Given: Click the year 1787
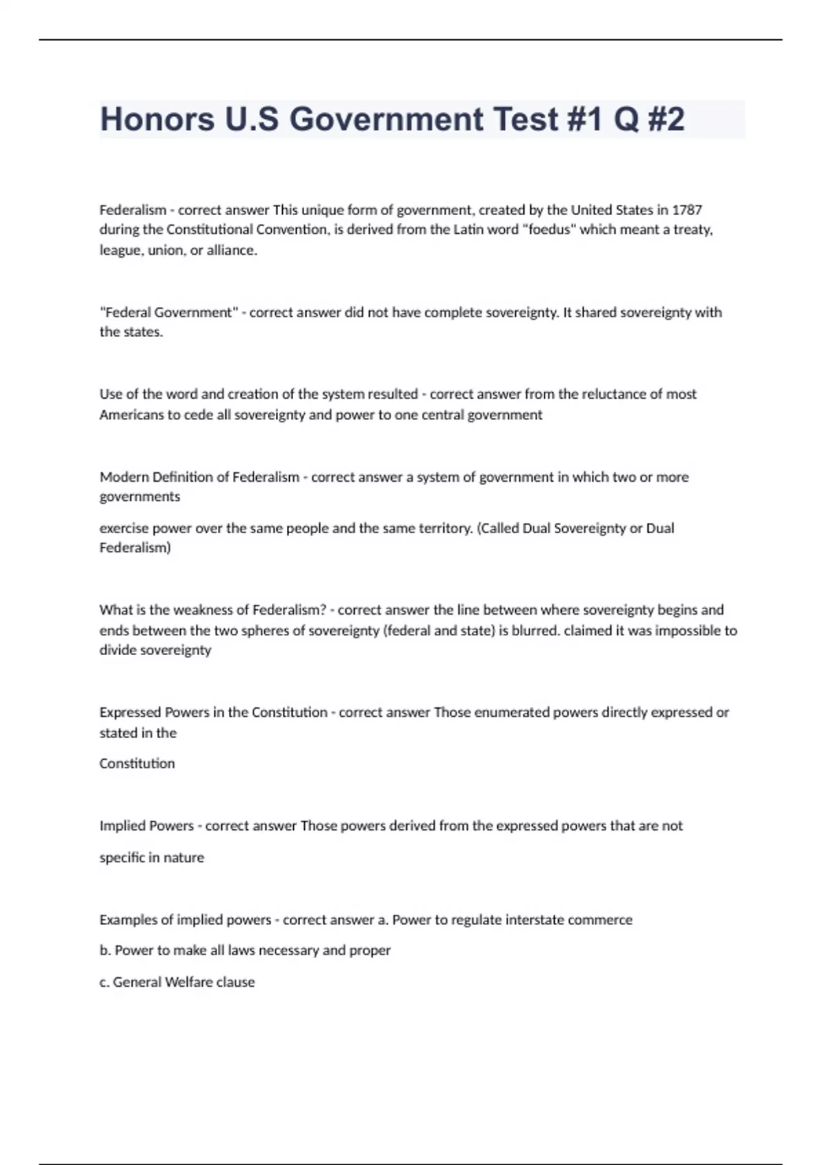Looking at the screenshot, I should point(687,210).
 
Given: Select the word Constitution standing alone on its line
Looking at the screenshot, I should point(137,763).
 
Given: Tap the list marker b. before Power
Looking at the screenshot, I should point(105,951).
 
